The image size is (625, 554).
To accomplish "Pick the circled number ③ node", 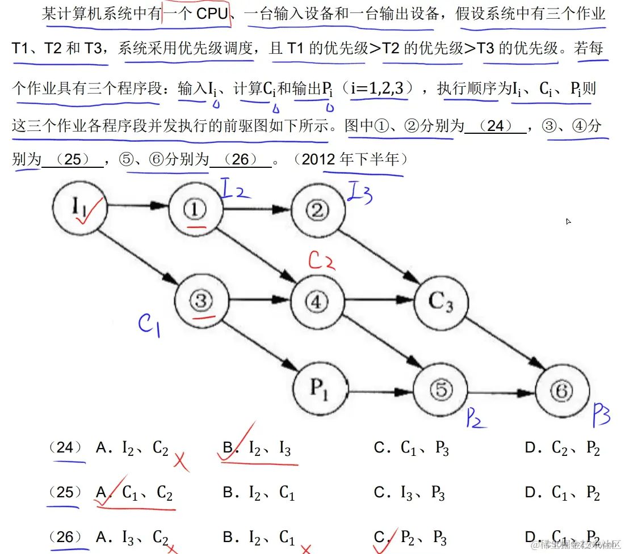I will click(x=200, y=301).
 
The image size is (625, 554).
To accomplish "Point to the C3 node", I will click(x=441, y=301).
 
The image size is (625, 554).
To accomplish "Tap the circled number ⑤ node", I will click(x=441, y=390).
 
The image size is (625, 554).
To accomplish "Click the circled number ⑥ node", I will click(x=561, y=391).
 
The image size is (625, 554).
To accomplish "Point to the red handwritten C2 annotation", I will click(x=321, y=260).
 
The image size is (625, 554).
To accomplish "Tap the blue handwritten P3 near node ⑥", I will click(x=601, y=416).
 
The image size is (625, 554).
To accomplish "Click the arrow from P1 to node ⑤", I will click(x=380, y=391).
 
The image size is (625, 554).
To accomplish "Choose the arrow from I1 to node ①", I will click(x=137, y=208).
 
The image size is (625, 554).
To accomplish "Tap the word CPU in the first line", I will click(x=212, y=14).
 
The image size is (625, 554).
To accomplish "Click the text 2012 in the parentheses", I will click(x=320, y=159).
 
